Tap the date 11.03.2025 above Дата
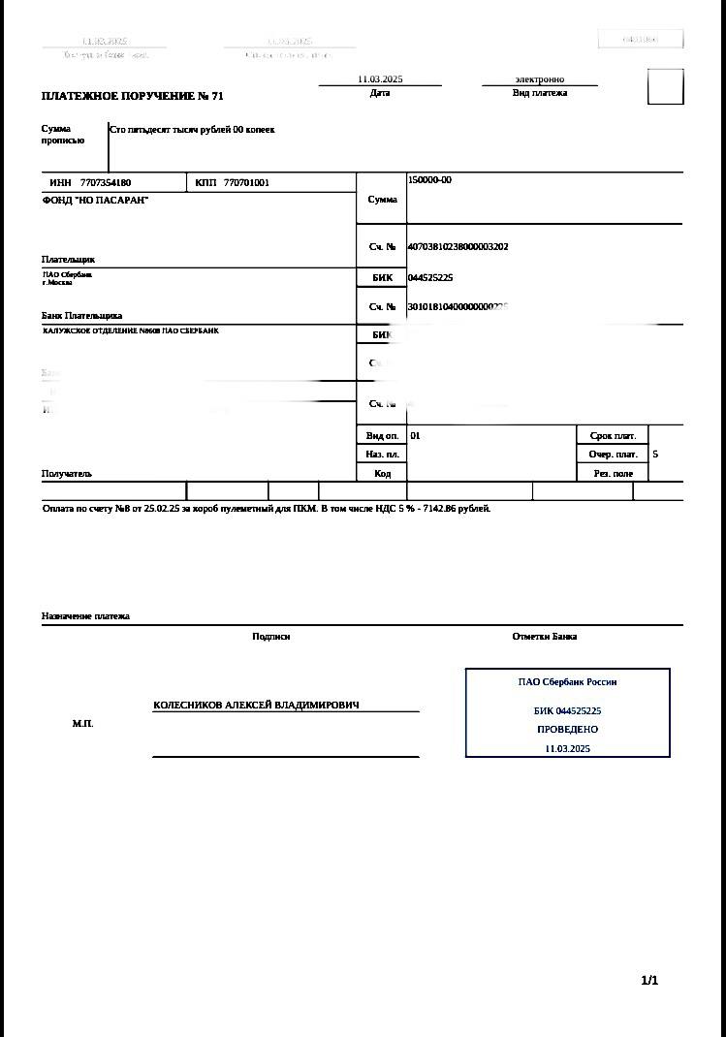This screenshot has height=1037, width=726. tap(379, 79)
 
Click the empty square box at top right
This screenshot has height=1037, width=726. tap(665, 86)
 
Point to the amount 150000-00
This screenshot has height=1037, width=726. tap(429, 180)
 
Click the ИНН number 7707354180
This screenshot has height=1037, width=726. tap(106, 183)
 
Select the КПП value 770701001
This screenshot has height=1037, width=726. tap(246, 183)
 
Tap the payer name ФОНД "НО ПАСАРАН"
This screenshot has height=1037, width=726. tap(95, 200)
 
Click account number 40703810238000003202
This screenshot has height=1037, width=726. tap(458, 247)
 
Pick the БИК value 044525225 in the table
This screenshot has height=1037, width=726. tap(430, 277)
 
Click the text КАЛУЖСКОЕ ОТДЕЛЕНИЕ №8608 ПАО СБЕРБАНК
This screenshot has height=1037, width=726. tap(131, 330)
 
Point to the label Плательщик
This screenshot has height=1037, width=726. tap(68, 260)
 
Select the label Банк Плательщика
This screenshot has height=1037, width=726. tap(81, 316)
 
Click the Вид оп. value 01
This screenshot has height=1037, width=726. tap(415, 436)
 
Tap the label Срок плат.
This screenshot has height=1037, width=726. tap(613, 436)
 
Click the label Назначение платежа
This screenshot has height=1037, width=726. tap(85, 616)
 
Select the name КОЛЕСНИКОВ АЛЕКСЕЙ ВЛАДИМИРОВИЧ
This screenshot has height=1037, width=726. tap(256, 706)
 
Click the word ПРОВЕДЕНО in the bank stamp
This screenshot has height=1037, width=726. tap(567, 729)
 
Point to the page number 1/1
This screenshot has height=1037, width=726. tap(649, 981)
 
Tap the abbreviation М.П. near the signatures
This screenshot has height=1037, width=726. tap(82, 724)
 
